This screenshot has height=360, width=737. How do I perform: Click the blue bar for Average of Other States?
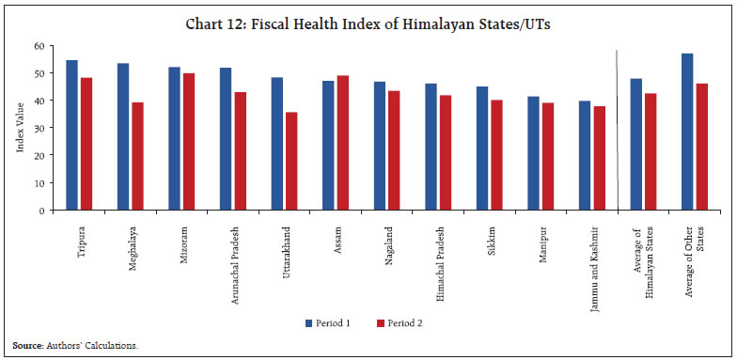coord(687,132)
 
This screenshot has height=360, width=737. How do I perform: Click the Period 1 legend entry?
coord(328,322)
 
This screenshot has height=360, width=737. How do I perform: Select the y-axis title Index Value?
coord(21,128)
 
